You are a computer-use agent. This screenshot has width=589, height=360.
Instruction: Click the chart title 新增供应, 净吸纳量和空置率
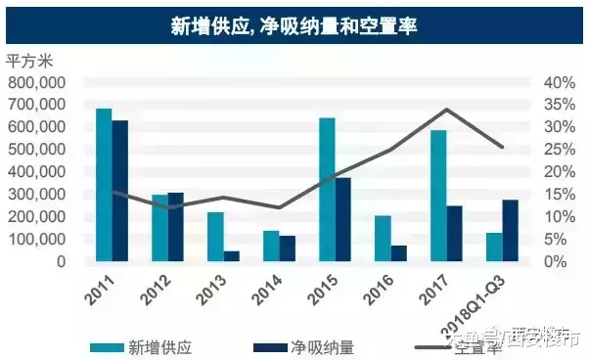tap(294, 24)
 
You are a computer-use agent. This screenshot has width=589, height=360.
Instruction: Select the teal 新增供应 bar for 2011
tap(104, 185)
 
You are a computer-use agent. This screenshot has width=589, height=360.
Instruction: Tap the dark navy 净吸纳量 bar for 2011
tap(119, 191)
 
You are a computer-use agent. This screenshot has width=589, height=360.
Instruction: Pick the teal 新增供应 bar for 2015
tap(327, 190)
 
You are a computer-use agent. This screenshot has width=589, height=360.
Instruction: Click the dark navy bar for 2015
tap(342, 220)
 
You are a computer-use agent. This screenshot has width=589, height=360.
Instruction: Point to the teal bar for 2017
tap(438, 196)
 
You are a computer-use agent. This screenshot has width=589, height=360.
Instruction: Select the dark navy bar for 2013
tap(231, 256)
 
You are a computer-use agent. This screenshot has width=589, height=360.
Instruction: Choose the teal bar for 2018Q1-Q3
tap(494, 247)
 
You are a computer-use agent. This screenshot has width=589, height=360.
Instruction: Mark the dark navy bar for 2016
tap(398, 253)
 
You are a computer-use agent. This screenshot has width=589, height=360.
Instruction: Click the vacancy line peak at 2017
tap(446, 110)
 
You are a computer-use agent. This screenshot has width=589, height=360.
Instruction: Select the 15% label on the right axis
tap(554, 194)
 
